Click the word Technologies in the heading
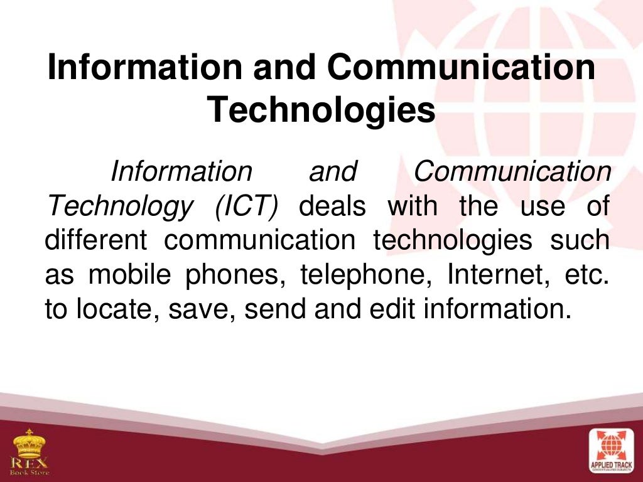click(x=321, y=110)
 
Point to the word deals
click(x=332, y=206)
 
